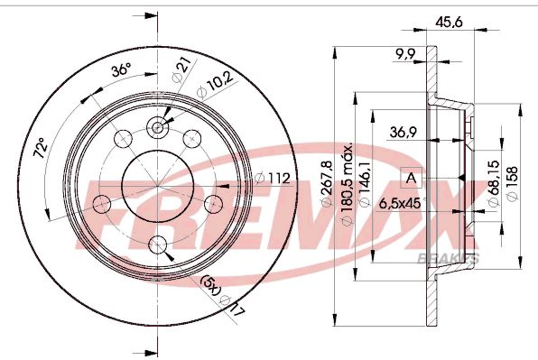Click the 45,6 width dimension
point(449,23)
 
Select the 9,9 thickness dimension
point(405,54)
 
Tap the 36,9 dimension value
point(403,132)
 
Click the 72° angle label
point(40,147)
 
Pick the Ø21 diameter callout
point(181,69)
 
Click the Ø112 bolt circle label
point(274,178)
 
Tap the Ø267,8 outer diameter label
point(327,183)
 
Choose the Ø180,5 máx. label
point(348,184)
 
